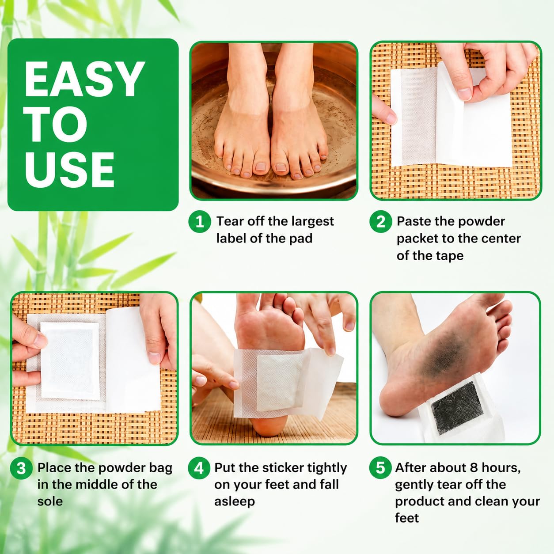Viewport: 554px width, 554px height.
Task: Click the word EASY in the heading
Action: pyautogui.click(x=84, y=79)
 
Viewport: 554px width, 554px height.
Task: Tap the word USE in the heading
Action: pyautogui.click(x=70, y=170)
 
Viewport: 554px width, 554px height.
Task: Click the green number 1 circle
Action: pyautogui.click(x=199, y=222)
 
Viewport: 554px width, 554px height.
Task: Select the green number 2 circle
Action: pyautogui.click(x=380, y=222)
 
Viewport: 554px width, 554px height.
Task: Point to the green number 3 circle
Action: pyautogui.click(x=21, y=468)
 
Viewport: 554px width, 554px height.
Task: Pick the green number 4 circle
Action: pyautogui.click(x=199, y=468)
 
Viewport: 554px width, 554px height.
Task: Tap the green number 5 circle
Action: pyautogui.click(x=380, y=468)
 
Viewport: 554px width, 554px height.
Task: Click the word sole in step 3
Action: pyautogui.click(x=50, y=501)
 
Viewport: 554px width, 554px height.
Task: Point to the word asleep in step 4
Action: pyautogui.click(x=235, y=502)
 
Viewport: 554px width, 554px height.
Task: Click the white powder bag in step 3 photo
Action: pyautogui.click(x=70, y=360)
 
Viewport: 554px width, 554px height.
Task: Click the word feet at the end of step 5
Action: pyautogui.click(x=407, y=518)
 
